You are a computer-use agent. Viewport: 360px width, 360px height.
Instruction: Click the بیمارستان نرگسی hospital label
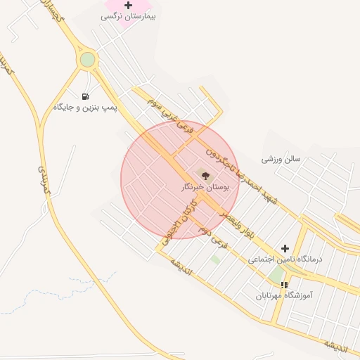[128, 15]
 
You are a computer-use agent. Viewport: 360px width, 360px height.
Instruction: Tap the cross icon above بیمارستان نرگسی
[128, 5]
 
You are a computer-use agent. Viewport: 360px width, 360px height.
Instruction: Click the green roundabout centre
[87, 60]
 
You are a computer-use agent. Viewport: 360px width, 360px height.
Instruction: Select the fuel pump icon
[86, 96]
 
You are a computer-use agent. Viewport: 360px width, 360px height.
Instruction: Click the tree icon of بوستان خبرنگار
[205, 176]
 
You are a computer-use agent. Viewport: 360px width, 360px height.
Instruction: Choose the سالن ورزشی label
[281, 159]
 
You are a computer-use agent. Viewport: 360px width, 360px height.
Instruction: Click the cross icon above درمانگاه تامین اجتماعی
[285, 248]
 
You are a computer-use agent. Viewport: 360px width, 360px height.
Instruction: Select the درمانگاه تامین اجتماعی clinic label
[284, 259]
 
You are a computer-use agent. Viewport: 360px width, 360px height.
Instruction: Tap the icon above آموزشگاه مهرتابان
[284, 285]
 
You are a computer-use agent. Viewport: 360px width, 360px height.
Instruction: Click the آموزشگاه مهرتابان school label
[284, 296]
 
